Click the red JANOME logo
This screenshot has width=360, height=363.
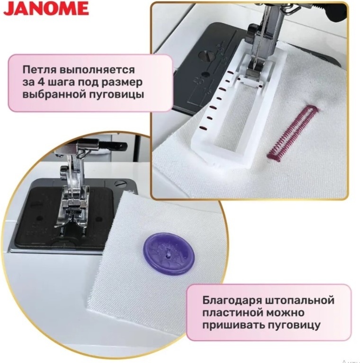[x=46, y=9]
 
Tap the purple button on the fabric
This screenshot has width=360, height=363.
[x=169, y=254]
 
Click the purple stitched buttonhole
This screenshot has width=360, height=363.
[x=293, y=132]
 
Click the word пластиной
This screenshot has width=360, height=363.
[x=233, y=313]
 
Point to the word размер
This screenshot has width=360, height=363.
[x=122, y=83]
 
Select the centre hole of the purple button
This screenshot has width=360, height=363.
[x=169, y=253]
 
